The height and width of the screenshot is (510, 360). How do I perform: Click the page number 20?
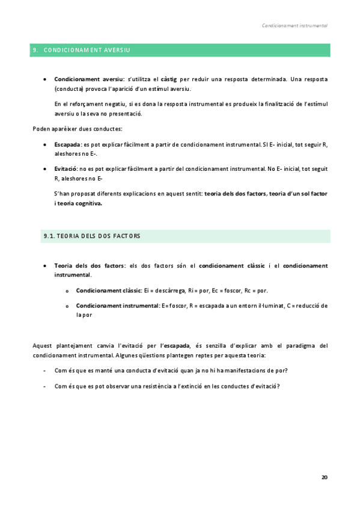coord(325,477)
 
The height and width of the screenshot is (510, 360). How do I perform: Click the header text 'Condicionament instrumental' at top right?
coord(294,26)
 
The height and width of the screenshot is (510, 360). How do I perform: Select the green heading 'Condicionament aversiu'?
coord(87,50)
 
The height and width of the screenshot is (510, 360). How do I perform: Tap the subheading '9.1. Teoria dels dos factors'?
coord(91,236)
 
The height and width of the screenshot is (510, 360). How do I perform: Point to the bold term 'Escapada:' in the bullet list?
coord(68,145)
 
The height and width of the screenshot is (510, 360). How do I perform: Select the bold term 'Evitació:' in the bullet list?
coord(67,169)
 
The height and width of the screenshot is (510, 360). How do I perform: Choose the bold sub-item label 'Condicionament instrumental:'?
coord(117,306)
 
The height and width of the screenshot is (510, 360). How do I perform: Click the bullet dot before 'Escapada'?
coord(46,145)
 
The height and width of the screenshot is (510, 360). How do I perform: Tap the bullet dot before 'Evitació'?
coord(46,169)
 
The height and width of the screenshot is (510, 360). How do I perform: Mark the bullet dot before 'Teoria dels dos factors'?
coord(46,265)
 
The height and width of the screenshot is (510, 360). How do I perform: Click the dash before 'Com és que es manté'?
coord(46,370)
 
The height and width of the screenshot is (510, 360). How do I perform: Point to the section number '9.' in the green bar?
coord(35,50)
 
